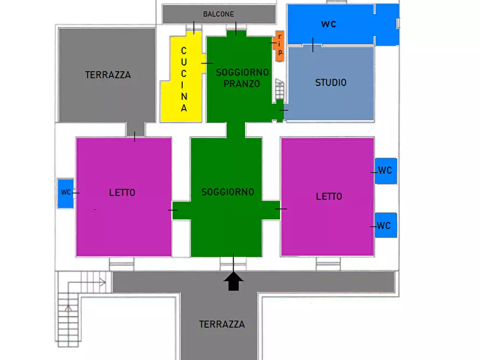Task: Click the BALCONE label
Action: pyautogui.click(x=218, y=14)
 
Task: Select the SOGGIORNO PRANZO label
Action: pyautogui.click(x=242, y=78)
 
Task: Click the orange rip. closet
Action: pyautogui.click(x=280, y=46)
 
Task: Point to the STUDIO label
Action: pyautogui.click(x=331, y=82)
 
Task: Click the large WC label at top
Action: pyautogui.click(x=329, y=24)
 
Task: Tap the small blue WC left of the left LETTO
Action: pyautogui.click(x=66, y=193)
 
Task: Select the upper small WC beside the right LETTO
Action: pyautogui.click(x=386, y=171)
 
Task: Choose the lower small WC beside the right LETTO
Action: pyautogui.click(x=386, y=225)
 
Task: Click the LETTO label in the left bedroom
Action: pyautogui.click(x=122, y=192)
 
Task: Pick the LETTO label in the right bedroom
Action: pyautogui.click(x=329, y=196)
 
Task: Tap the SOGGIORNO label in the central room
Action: pyautogui.click(x=228, y=192)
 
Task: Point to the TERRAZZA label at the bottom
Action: pyautogui.click(x=222, y=324)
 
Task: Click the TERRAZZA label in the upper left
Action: pyautogui.click(x=108, y=75)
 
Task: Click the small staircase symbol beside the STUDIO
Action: pyautogui.click(x=280, y=89)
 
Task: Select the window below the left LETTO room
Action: pyautogui.click(x=121, y=264)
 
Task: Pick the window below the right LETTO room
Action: pyautogui.click(x=328, y=264)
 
